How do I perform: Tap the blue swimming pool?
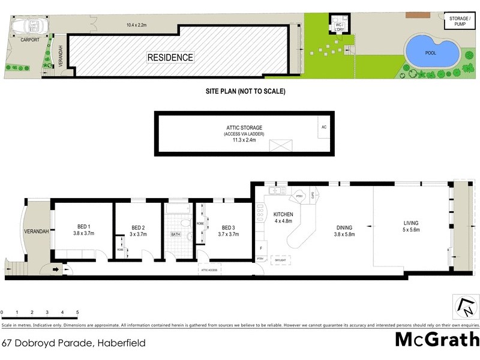431,52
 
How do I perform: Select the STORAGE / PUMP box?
460,21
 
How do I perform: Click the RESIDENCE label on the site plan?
171,58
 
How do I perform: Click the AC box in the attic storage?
324,127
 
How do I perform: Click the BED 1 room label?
82,230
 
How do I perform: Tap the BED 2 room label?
139,231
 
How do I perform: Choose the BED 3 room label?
228,231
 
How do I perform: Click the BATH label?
176,235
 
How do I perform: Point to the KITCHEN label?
283,217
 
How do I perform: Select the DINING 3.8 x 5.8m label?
344,230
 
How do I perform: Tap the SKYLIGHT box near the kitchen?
280,260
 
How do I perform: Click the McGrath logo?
437,339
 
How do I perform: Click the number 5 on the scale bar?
77,313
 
